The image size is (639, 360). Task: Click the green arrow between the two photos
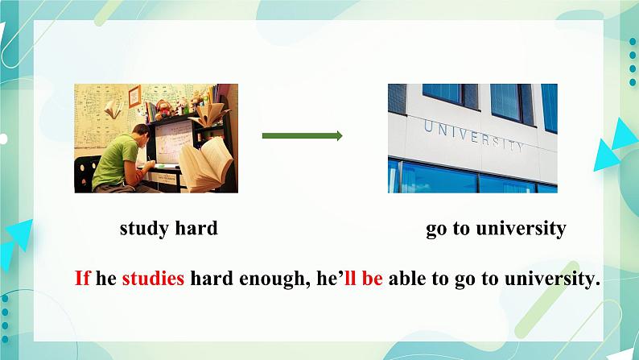[x=302, y=136]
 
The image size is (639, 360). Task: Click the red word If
[x=82, y=278]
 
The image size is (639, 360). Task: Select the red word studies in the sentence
[x=153, y=278]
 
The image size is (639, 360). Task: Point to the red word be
[x=372, y=278]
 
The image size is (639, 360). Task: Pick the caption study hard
[x=169, y=228]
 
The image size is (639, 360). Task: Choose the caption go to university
[x=496, y=229]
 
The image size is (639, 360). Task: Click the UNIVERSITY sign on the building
[x=474, y=136]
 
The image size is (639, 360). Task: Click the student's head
[x=141, y=134]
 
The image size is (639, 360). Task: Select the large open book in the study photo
[x=206, y=164]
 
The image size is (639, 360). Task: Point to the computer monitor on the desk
[x=174, y=143]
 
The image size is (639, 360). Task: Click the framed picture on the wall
[x=134, y=96]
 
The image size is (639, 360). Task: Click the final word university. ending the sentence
[x=553, y=279]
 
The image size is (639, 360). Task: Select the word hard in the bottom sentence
[x=212, y=278]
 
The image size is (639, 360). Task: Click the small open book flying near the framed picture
[x=113, y=110]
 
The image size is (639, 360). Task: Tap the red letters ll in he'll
[x=350, y=278]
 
